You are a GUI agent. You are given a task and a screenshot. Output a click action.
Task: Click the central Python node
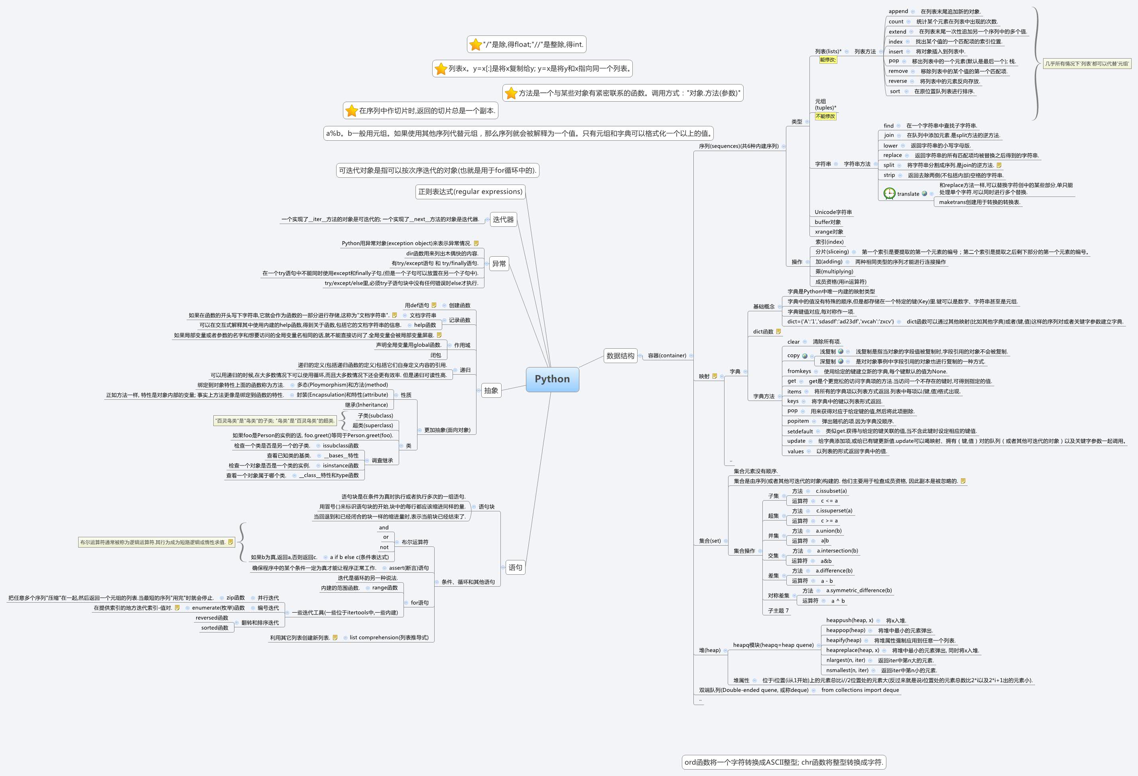click(x=552, y=379)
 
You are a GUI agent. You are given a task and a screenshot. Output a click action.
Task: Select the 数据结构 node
click(x=620, y=356)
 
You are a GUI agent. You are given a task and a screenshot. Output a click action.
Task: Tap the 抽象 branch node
click(x=491, y=390)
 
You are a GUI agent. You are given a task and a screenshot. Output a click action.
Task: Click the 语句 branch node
click(x=515, y=568)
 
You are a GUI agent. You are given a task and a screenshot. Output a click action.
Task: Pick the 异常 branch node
click(x=498, y=264)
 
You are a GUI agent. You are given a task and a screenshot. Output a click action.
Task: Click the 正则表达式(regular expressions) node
click(x=470, y=191)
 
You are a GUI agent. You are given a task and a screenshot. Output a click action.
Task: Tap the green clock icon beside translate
click(x=889, y=193)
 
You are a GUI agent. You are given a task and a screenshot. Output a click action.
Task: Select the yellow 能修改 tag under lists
click(x=827, y=60)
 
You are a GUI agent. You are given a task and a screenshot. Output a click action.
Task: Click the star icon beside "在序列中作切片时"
click(x=351, y=111)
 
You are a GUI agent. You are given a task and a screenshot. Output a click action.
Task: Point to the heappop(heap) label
click(x=845, y=630)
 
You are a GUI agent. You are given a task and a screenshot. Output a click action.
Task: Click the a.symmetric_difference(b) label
click(x=859, y=590)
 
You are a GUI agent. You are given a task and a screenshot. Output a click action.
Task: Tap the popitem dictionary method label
click(x=798, y=421)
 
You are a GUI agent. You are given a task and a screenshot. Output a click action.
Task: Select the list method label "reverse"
click(x=898, y=81)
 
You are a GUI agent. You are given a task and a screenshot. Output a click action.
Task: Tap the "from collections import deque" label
click(x=860, y=690)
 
